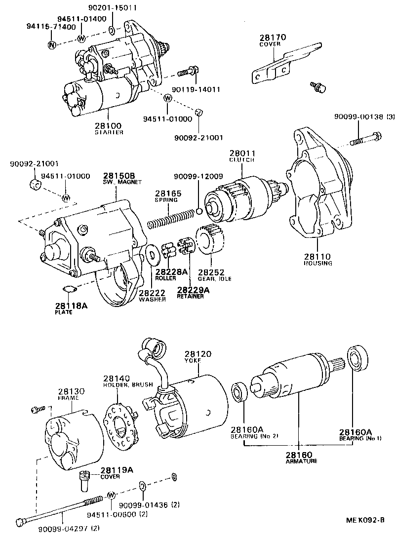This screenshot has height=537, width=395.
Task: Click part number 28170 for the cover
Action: [x=273, y=38]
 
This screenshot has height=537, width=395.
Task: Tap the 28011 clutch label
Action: [x=241, y=153]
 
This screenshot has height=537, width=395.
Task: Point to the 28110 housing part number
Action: [x=318, y=257]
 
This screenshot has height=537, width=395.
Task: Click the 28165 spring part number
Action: [x=168, y=194]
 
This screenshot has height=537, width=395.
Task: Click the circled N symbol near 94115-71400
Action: [x=52, y=45]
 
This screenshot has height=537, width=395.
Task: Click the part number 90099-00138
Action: [x=357, y=116]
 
